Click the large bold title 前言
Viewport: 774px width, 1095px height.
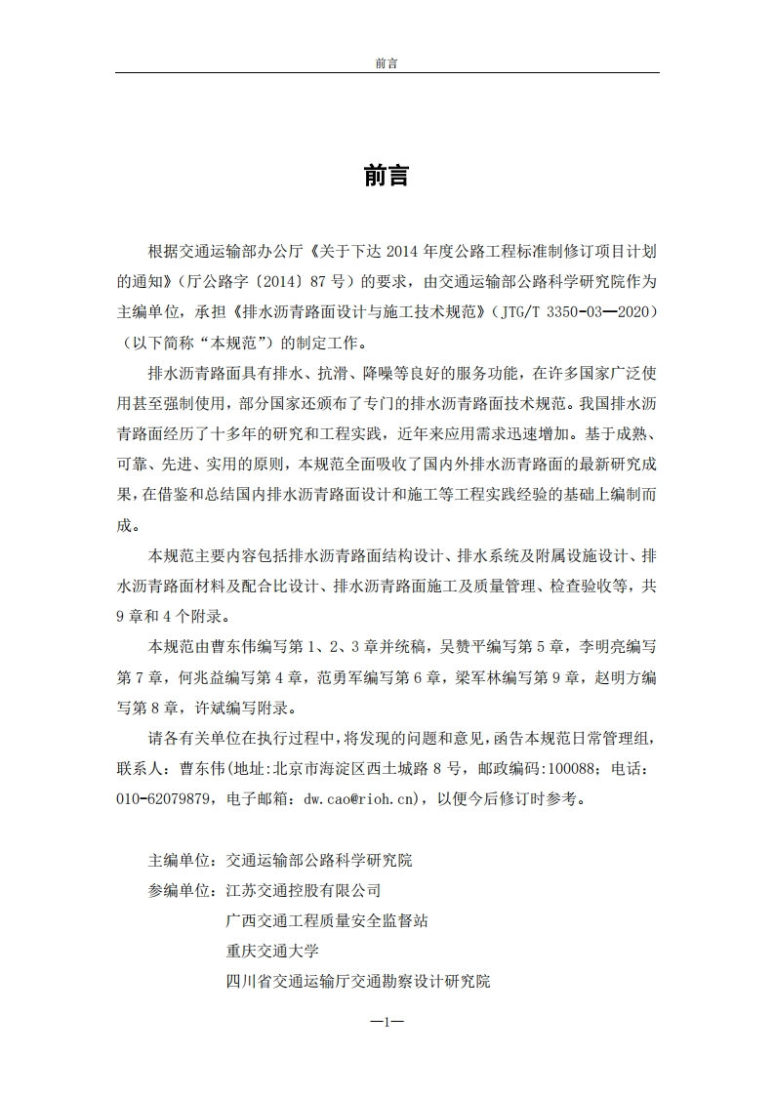click(387, 176)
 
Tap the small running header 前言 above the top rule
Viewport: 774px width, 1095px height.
click(387, 63)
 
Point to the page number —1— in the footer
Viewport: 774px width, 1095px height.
click(387, 1022)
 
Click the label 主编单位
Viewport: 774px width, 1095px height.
click(181, 861)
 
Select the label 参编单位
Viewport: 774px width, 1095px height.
click(181, 890)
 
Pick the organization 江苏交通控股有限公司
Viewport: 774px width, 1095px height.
click(303, 890)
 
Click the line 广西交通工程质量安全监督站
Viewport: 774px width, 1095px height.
click(326, 920)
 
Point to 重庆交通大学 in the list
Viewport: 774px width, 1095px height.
click(271, 951)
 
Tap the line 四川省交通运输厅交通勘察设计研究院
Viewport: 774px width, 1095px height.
click(357, 981)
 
